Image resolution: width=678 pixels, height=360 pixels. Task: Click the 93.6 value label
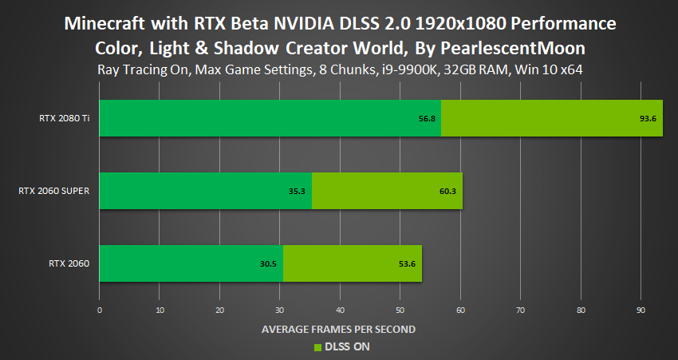click(646, 119)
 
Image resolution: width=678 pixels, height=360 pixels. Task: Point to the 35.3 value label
click(298, 192)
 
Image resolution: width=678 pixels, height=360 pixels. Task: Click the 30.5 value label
click(269, 263)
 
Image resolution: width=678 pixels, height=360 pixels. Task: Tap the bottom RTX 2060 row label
click(71, 263)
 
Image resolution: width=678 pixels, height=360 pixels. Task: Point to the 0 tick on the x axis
click(99, 309)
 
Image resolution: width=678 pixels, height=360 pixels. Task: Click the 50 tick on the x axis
click(400, 309)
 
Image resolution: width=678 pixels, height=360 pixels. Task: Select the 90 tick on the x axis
click(641, 309)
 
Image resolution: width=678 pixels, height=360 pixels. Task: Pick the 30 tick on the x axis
click(280, 309)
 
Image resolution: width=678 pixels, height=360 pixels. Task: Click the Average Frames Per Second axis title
click(338, 329)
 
